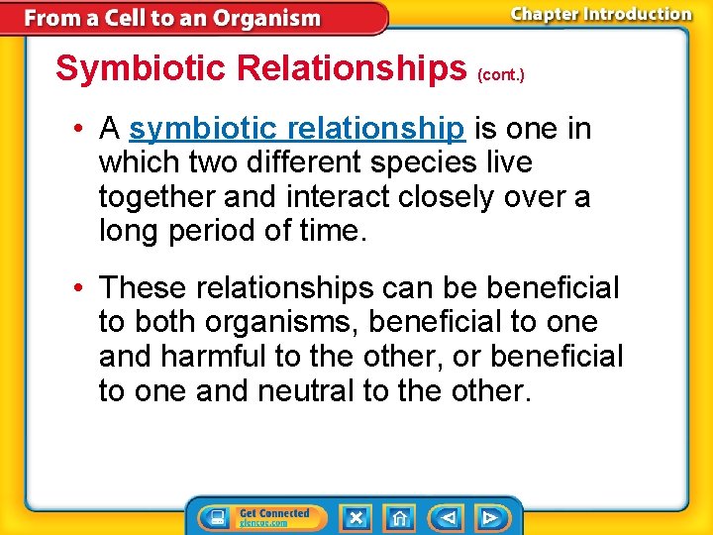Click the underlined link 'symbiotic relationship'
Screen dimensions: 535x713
(x=296, y=129)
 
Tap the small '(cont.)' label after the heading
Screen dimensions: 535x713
(x=501, y=74)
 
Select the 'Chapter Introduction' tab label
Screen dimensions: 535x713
(x=601, y=14)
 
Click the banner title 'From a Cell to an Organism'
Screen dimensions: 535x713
(x=172, y=18)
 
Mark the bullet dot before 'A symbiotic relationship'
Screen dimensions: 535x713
(x=77, y=130)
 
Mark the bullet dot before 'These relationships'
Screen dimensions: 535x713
(x=77, y=289)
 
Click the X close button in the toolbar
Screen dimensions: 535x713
(x=356, y=517)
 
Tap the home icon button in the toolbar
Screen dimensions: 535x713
(x=399, y=517)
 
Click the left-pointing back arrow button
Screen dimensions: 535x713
(x=447, y=517)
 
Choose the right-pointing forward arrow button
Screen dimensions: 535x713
(x=489, y=517)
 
